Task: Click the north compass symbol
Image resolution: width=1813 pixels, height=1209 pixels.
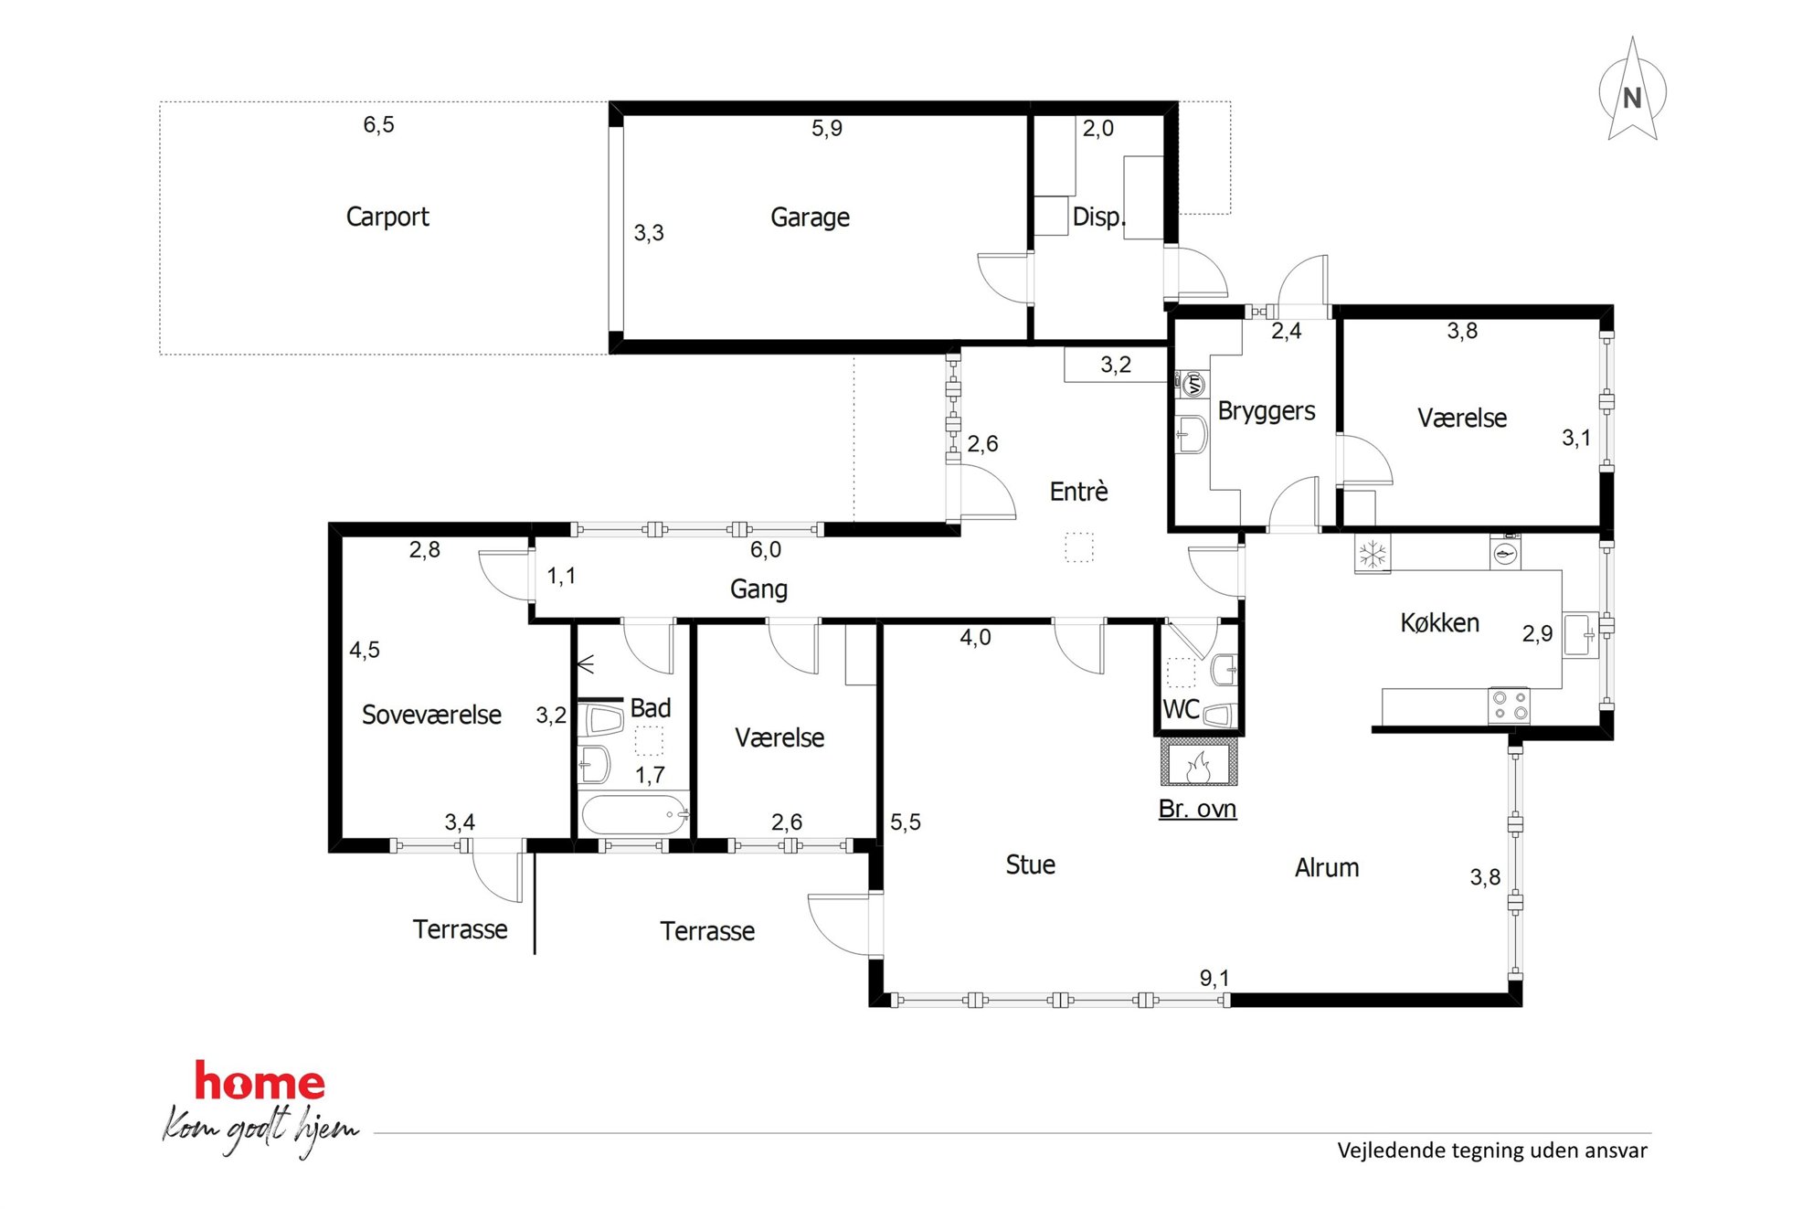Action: [1632, 91]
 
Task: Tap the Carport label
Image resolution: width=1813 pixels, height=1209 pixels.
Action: [387, 217]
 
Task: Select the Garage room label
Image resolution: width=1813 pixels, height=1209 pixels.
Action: [810, 217]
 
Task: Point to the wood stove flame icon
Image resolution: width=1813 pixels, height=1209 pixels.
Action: [1198, 766]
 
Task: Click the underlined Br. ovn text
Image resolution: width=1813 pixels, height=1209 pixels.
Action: [1197, 809]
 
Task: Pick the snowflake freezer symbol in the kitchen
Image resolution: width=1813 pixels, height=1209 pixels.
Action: [1372, 554]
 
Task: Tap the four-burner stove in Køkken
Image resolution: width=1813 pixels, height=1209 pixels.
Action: [1509, 705]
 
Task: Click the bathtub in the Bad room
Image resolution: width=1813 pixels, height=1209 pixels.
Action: [635, 813]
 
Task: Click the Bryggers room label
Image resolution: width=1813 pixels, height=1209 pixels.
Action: [1267, 411]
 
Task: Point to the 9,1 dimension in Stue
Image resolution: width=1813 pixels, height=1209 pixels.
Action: [1214, 979]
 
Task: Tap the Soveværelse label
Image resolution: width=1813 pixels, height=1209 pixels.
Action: [431, 715]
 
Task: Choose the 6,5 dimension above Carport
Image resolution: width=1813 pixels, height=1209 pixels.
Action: [378, 124]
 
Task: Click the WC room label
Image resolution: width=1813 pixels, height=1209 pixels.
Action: [1181, 709]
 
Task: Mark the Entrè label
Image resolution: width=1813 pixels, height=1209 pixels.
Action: [1078, 492]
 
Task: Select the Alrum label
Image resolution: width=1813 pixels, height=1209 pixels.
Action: [1327, 868]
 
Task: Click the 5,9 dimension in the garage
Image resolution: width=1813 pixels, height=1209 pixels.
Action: [827, 128]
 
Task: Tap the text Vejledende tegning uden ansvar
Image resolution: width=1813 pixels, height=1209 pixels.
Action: [1492, 1151]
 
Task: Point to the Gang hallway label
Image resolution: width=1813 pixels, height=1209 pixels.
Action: [758, 589]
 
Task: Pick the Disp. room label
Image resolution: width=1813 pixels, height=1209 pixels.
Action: [1098, 217]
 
